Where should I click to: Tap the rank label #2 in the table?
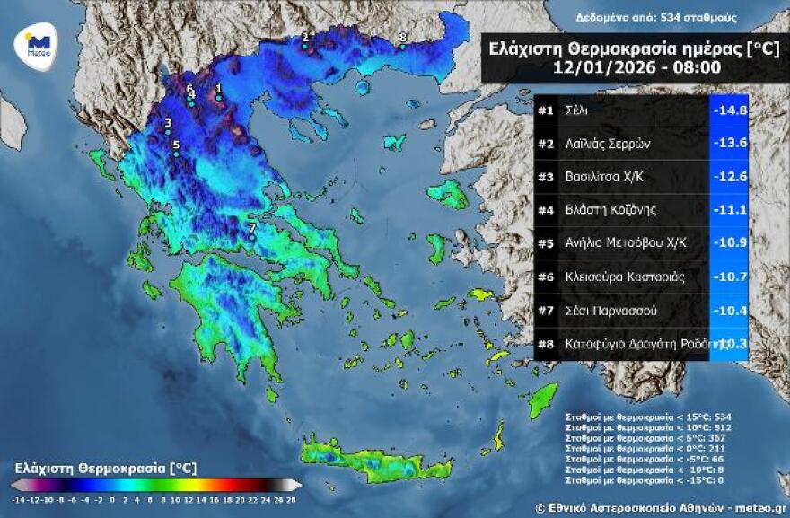coord(545,144)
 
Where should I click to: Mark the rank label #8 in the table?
coord(545,343)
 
